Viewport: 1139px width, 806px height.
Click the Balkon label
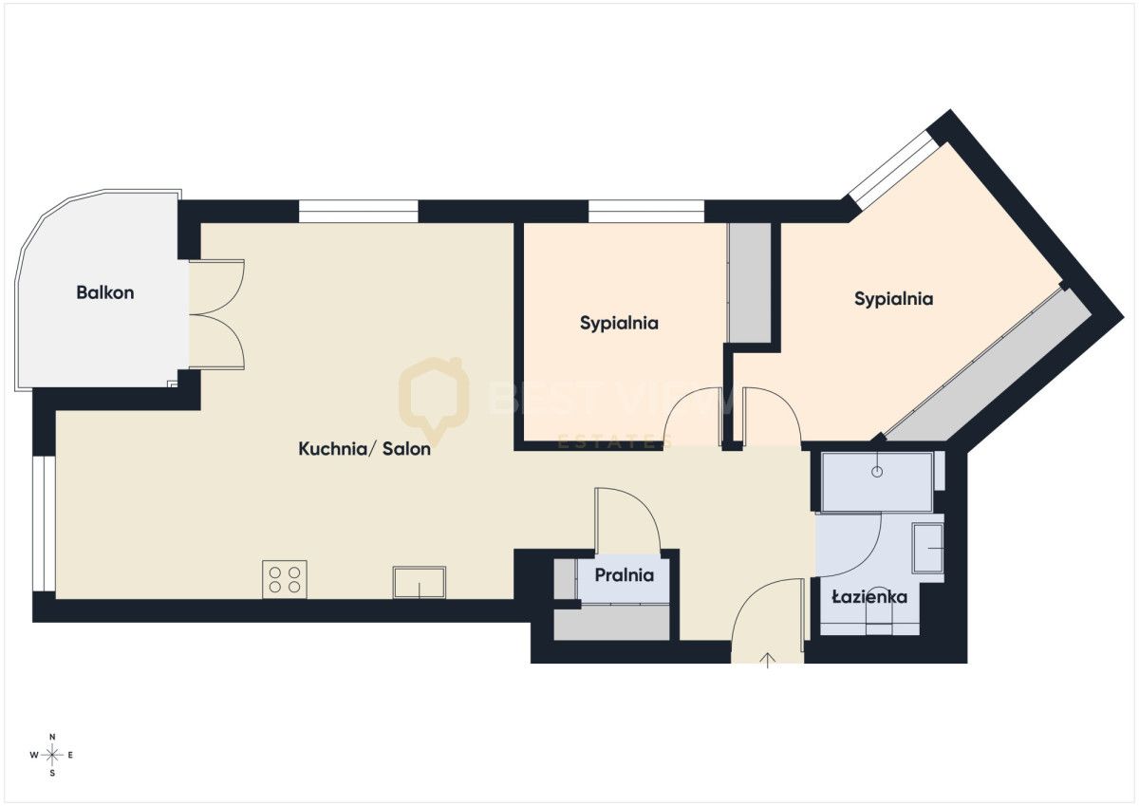click(x=105, y=292)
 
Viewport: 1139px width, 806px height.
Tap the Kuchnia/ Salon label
click(x=364, y=448)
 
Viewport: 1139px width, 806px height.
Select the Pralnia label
click(x=624, y=575)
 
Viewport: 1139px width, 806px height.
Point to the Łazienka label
click(x=869, y=596)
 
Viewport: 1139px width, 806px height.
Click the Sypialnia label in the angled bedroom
click(x=893, y=299)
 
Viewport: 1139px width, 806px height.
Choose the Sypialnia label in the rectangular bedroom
click(x=619, y=324)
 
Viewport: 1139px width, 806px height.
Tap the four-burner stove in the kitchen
click(x=285, y=579)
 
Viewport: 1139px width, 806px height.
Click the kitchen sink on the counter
click(x=419, y=582)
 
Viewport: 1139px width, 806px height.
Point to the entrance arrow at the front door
click(x=767, y=660)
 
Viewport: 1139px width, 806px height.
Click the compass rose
click(x=52, y=755)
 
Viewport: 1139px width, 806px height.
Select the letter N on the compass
click(x=52, y=737)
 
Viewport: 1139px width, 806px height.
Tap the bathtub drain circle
click(x=877, y=472)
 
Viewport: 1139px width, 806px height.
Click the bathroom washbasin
click(x=928, y=548)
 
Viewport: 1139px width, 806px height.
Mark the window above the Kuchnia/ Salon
click(x=358, y=212)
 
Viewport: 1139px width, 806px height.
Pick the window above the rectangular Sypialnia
click(x=646, y=212)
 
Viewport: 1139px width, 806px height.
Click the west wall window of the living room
click(x=45, y=524)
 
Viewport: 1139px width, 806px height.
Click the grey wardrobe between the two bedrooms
click(x=750, y=283)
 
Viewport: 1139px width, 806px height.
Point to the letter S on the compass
click(x=52, y=774)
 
